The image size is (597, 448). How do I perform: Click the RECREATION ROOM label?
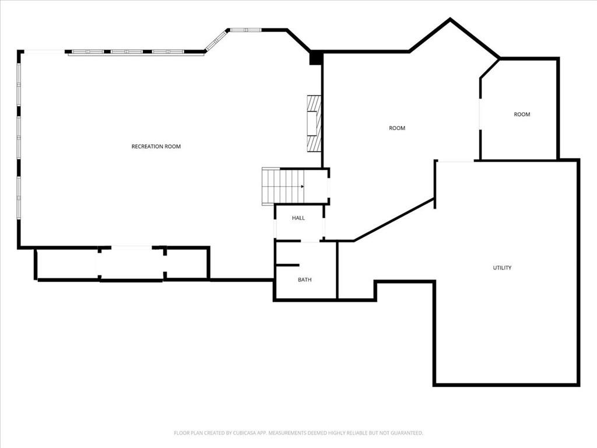[x=156, y=146]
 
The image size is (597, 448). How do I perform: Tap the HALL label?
[x=298, y=218]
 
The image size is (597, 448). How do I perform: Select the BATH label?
[x=304, y=279]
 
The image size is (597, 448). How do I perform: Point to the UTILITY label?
[x=502, y=268]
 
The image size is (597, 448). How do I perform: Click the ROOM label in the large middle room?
[x=397, y=128]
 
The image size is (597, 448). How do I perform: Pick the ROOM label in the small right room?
[x=522, y=114]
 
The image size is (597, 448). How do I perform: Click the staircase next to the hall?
[x=283, y=186]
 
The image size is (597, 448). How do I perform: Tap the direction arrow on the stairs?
[x=303, y=186]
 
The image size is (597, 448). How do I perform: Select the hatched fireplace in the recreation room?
[x=314, y=124]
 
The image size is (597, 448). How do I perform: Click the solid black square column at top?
[x=316, y=58]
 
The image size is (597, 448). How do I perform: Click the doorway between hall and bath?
[x=310, y=241]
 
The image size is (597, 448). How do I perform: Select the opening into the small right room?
[x=480, y=114]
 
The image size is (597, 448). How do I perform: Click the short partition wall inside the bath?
[x=287, y=265]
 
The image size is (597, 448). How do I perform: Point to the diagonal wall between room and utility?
[x=394, y=220]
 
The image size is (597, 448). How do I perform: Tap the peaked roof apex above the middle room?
[x=451, y=19]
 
